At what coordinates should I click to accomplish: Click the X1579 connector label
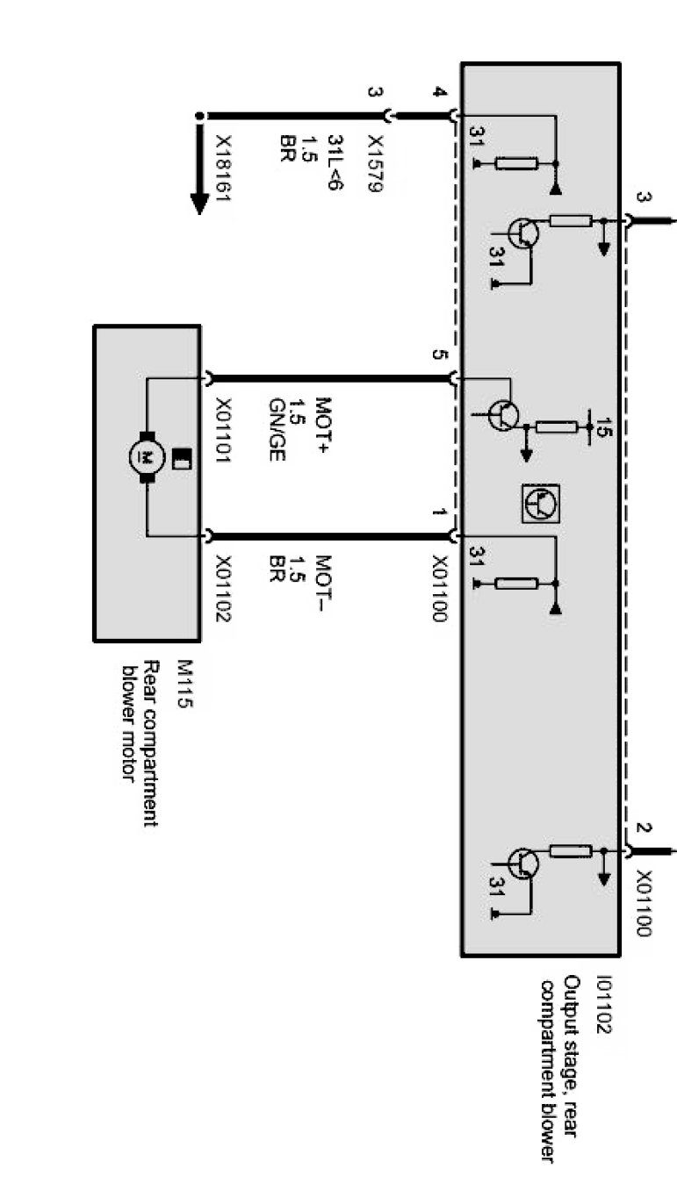click(375, 165)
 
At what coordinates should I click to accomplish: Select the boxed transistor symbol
click(540, 503)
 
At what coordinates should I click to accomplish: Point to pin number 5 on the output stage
click(439, 355)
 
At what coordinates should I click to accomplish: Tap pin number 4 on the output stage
click(439, 92)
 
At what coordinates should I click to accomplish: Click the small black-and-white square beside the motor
click(182, 457)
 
